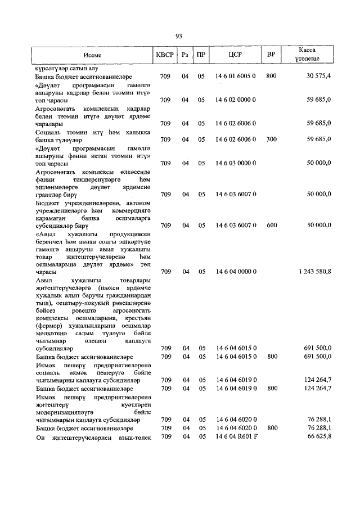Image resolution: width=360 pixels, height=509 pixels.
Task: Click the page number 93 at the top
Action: pyautogui.click(x=179, y=36)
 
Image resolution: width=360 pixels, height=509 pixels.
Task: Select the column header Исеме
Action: pyautogui.click(x=92, y=56)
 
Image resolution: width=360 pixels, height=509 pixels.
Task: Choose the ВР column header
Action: pyautogui.click(x=271, y=56)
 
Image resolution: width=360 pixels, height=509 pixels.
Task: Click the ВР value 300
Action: pyautogui.click(x=271, y=138)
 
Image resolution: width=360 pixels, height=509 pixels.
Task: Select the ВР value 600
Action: pyautogui.click(x=271, y=225)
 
